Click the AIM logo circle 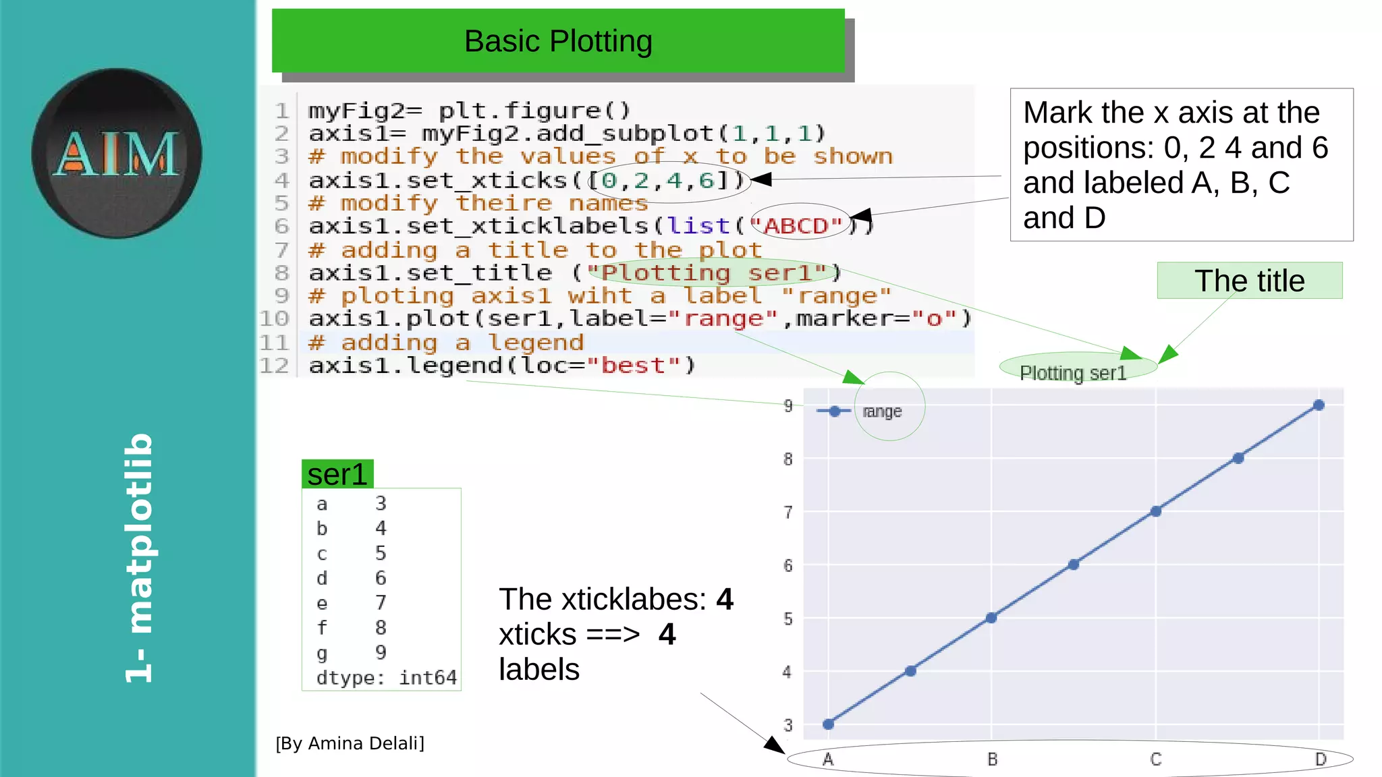tap(116, 153)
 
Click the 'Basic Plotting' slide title tap(558, 41)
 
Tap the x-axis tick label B tap(992, 759)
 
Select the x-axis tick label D tap(1321, 759)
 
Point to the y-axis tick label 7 tap(787, 513)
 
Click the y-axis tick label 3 tap(787, 726)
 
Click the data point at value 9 tap(1319, 405)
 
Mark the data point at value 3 tap(829, 724)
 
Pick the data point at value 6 tap(1074, 565)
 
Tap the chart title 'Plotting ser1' tap(1073, 373)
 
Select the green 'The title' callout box tap(1249, 281)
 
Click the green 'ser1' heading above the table tap(337, 474)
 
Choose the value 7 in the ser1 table tap(381, 602)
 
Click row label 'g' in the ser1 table tap(322, 653)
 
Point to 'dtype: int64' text tap(387, 677)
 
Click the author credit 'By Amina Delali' tap(350, 743)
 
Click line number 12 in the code tap(274, 366)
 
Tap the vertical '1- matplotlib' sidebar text tap(140, 558)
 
